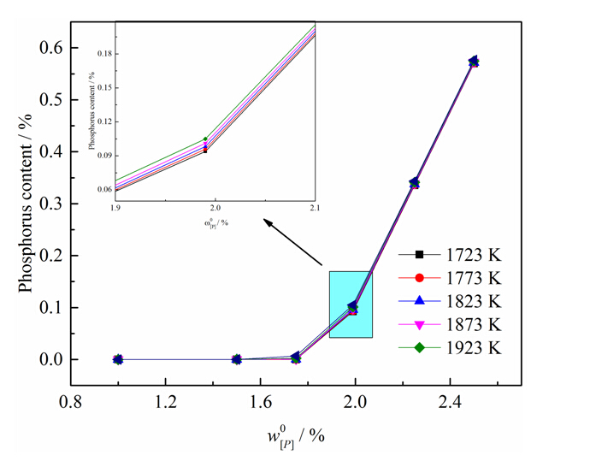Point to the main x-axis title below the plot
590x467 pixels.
click(x=295, y=434)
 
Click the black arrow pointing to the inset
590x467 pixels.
click(x=292, y=243)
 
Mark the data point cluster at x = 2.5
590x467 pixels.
click(x=474, y=62)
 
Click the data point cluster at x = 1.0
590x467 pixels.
click(x=118, y=359)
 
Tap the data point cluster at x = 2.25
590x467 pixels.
click(x=415, y=183)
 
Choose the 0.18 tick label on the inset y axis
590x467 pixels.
click(x=101, y=53)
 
